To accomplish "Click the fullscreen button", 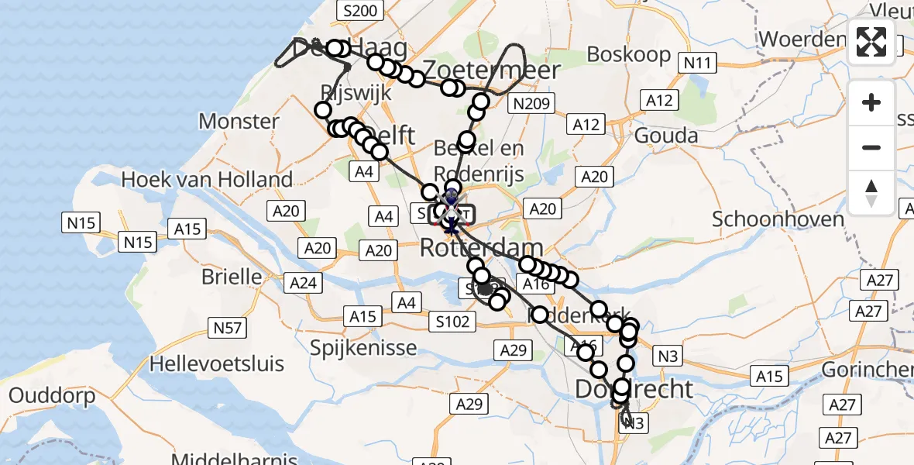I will (x=871, y=42).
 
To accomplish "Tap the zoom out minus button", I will (x=871, y=147).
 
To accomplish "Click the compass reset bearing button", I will (x=871, y=193).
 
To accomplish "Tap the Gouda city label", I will (x=665, y=136).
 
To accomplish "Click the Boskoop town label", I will (x=628, y=54).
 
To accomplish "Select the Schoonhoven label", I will (x=767, y=219).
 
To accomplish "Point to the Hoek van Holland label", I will (x=208, y=180).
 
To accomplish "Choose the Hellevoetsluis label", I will (x=217, y=363).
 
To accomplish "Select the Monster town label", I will (x=239, y=121).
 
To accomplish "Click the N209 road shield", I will (x=531, y=103).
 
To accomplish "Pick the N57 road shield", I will (x=228, y=328).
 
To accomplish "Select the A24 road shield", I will (x=303, y=284).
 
